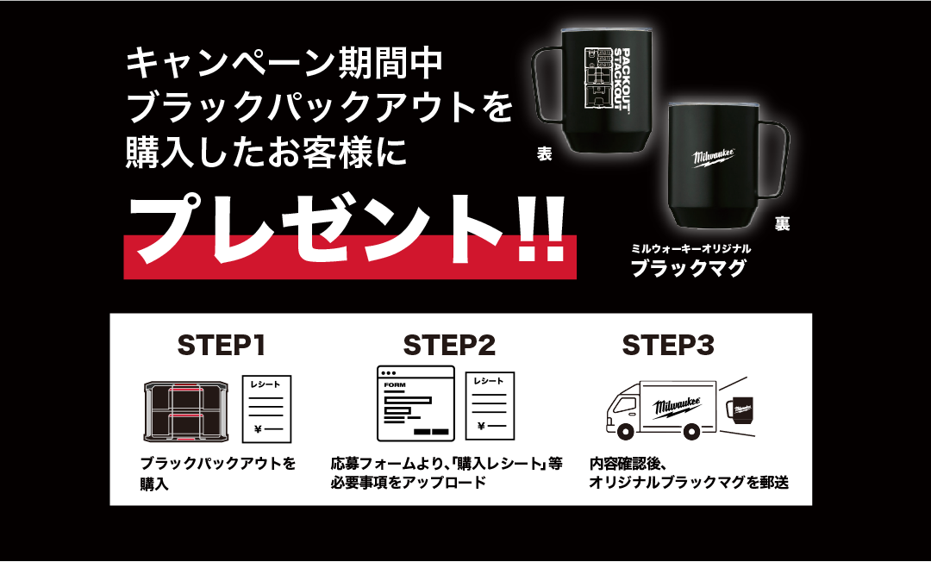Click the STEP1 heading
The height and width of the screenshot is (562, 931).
click(222, 345)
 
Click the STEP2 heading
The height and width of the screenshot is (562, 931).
click(449, 345)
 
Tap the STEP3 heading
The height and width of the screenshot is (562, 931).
click(668, 345)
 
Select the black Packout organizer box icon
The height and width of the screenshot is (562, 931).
click(186, 412)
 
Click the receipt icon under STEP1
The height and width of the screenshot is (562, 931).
click(266, 409)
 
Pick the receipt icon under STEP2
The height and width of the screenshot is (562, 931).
click(490, 406)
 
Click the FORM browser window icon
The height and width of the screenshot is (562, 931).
click(416, 403)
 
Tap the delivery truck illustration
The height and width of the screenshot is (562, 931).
click(661, 410)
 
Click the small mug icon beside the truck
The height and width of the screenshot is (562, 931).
click(740, 409)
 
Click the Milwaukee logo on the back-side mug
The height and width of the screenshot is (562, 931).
click(715, 157)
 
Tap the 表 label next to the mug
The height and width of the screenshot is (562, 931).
click(545, 154)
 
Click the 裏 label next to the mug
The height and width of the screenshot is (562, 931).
click(782, 224)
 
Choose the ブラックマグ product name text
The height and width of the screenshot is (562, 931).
click(688, 268)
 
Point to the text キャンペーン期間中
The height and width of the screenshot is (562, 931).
click(284, 64)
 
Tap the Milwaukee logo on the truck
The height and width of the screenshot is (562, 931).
click(677, 407)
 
